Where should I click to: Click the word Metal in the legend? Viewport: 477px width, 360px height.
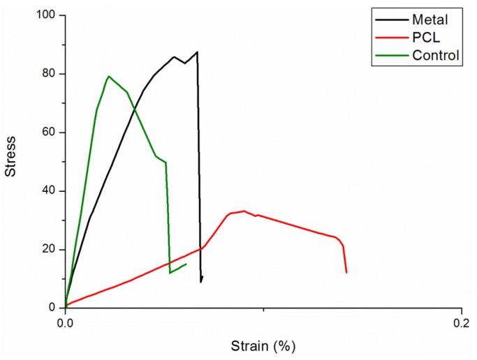click(x=429, y=20)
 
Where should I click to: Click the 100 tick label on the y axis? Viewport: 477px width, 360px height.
click(x=47, y=15)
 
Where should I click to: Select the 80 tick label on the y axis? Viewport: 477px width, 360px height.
click(x=50, y=74)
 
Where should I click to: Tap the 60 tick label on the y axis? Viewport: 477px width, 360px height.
click(x=50, y=133)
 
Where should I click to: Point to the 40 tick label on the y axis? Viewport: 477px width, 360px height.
click(x=50, y=191)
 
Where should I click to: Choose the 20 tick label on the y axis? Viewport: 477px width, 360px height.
click(x=50, y=250)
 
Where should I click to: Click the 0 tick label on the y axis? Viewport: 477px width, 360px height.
click(x=53, y=308)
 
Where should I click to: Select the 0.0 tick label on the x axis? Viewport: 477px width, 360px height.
click(x=65, y=322)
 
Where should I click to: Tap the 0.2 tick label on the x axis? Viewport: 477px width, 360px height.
click(x=460, y=322)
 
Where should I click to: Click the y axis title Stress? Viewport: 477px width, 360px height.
click(x=11, y=160)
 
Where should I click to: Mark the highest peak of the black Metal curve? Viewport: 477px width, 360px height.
click(x=197, y=52)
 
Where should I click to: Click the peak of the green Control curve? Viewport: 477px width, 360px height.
click(x=108, y=76)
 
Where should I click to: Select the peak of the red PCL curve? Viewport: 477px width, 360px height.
click(x=244, y=211)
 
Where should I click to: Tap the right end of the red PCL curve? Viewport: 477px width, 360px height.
click(x=346, y=272)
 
